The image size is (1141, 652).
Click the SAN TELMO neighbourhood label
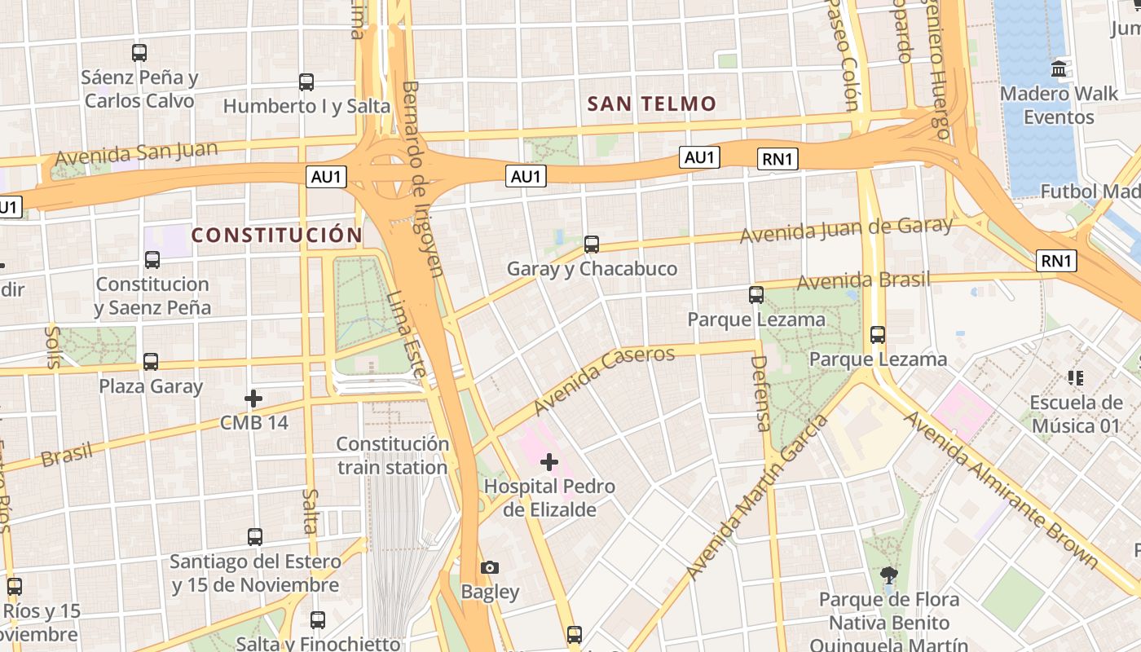[651, 104]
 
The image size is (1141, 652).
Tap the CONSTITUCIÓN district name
[276, 236]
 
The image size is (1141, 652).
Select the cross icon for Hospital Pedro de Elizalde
[549, 462]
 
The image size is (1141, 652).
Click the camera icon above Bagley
[490, 567]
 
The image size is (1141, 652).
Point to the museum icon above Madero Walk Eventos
[1059, 68]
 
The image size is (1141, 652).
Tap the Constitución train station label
[393, 456]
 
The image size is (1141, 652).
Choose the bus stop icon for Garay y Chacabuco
[592, 244]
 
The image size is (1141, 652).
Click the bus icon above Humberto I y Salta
[306, 82]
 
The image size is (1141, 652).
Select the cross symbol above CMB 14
[253, 399]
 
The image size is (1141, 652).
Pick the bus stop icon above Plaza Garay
[151, 362]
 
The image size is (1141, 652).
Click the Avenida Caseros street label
[605, 379]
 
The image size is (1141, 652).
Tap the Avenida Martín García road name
[758, 496]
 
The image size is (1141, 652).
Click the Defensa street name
[760, 393]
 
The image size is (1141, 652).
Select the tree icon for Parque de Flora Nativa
[889, 576]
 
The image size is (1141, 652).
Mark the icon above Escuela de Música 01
[1076, 378]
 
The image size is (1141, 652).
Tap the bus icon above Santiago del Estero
[255, 537]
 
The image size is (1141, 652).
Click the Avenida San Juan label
[136, 152]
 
